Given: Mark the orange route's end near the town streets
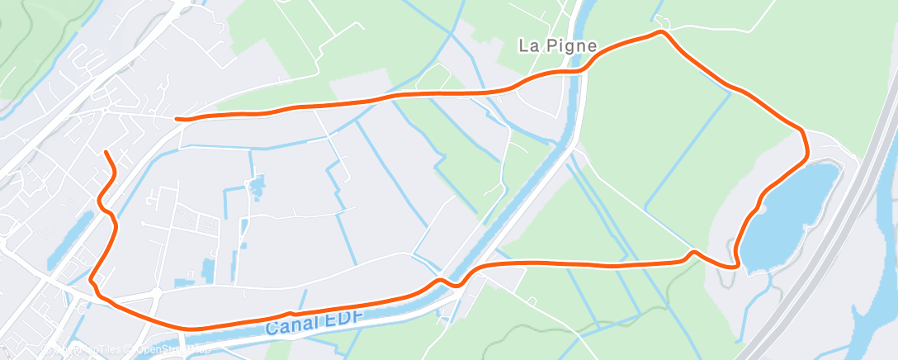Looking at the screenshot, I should click(x=105, y=153).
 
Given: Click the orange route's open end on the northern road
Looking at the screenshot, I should click(x=177, y=118).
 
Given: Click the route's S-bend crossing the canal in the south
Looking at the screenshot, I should click(x=446, y=282).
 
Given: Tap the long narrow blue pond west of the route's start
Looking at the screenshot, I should click(x=70, y=239).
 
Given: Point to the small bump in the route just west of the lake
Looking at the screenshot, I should click(x=693, y=252).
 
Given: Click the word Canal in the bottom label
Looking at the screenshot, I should click(x=288, y=327).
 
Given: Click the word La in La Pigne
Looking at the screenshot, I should click(x=527, y=45).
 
